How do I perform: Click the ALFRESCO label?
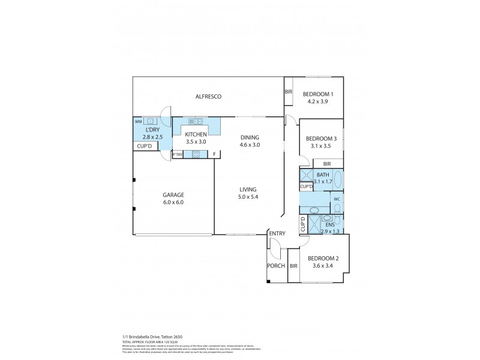tap(205, 97)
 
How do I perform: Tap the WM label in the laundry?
tap(138, 122)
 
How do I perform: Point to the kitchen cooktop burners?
tap(196, 155)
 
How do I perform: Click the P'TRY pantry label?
tap(178, 155)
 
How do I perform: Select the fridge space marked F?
tap(214, 155)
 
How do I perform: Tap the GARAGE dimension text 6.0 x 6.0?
tap(172, 203)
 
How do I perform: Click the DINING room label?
tap(250, 137)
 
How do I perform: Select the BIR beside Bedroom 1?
tap(288, 92)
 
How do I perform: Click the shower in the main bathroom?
tap(306, 176)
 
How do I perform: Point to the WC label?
tap(337, 199)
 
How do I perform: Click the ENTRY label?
tap(277, 233)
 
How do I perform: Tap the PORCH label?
tap(276, 265)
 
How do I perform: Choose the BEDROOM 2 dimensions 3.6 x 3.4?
tap(323, 266)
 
